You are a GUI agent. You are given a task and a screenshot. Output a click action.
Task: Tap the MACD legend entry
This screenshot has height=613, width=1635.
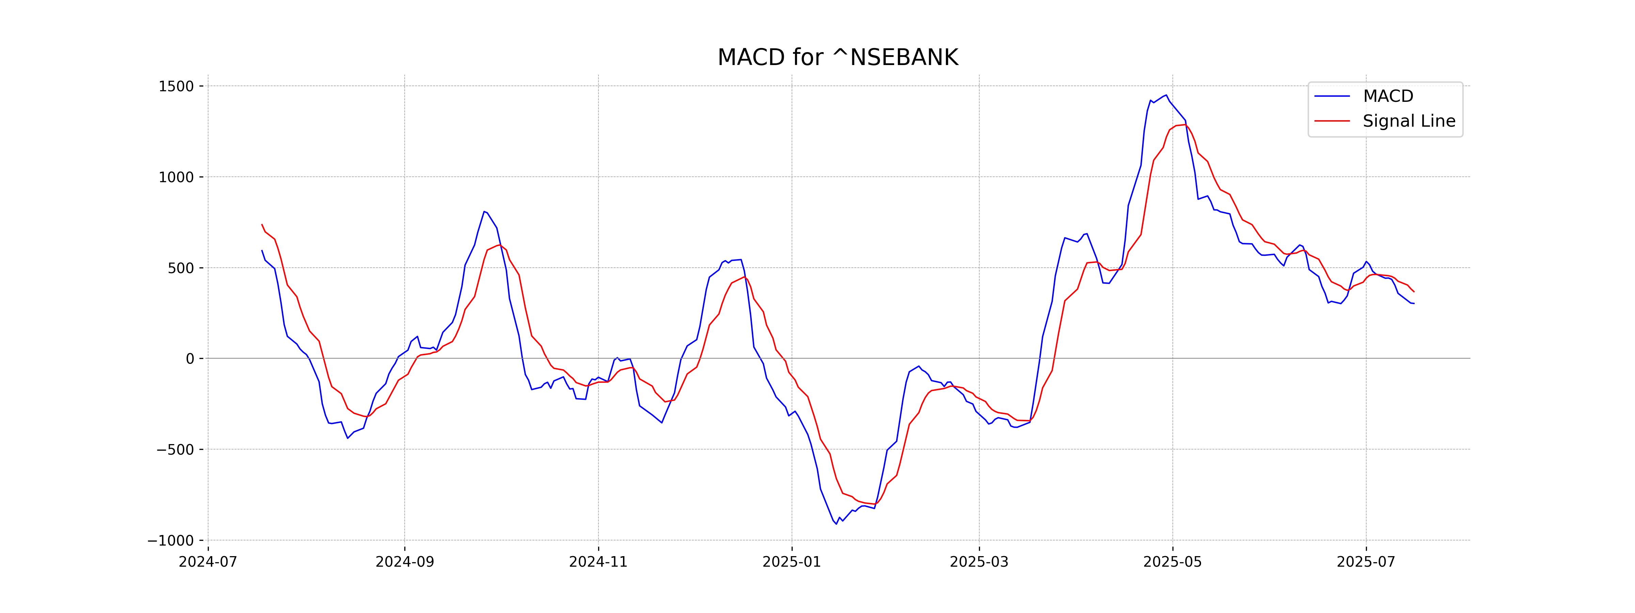point(1387,96)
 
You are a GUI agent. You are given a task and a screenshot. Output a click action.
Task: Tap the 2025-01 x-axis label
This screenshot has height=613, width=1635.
point(792,562)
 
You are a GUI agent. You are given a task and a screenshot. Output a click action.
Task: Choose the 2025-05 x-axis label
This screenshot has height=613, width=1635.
point(1172,562)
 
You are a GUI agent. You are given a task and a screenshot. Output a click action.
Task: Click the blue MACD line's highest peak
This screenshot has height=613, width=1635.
point(1166,95)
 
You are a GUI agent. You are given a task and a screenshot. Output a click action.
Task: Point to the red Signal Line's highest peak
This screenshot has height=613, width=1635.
point(1184,124)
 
